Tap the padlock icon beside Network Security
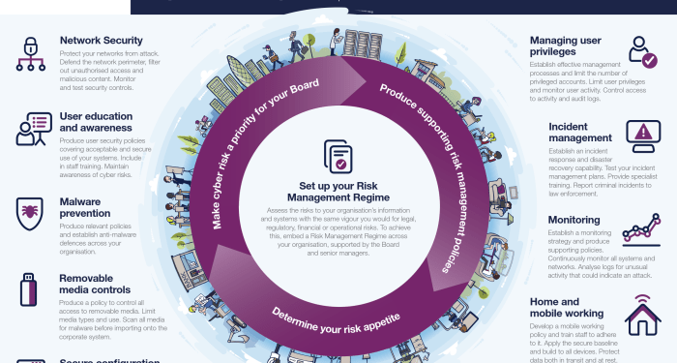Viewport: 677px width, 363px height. click(x=30, y=53)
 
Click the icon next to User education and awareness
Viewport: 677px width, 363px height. click(x=33, y=129)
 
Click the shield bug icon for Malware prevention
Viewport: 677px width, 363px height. click(x=31, y=211)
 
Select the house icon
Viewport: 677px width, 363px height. click(x=642, y=315)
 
